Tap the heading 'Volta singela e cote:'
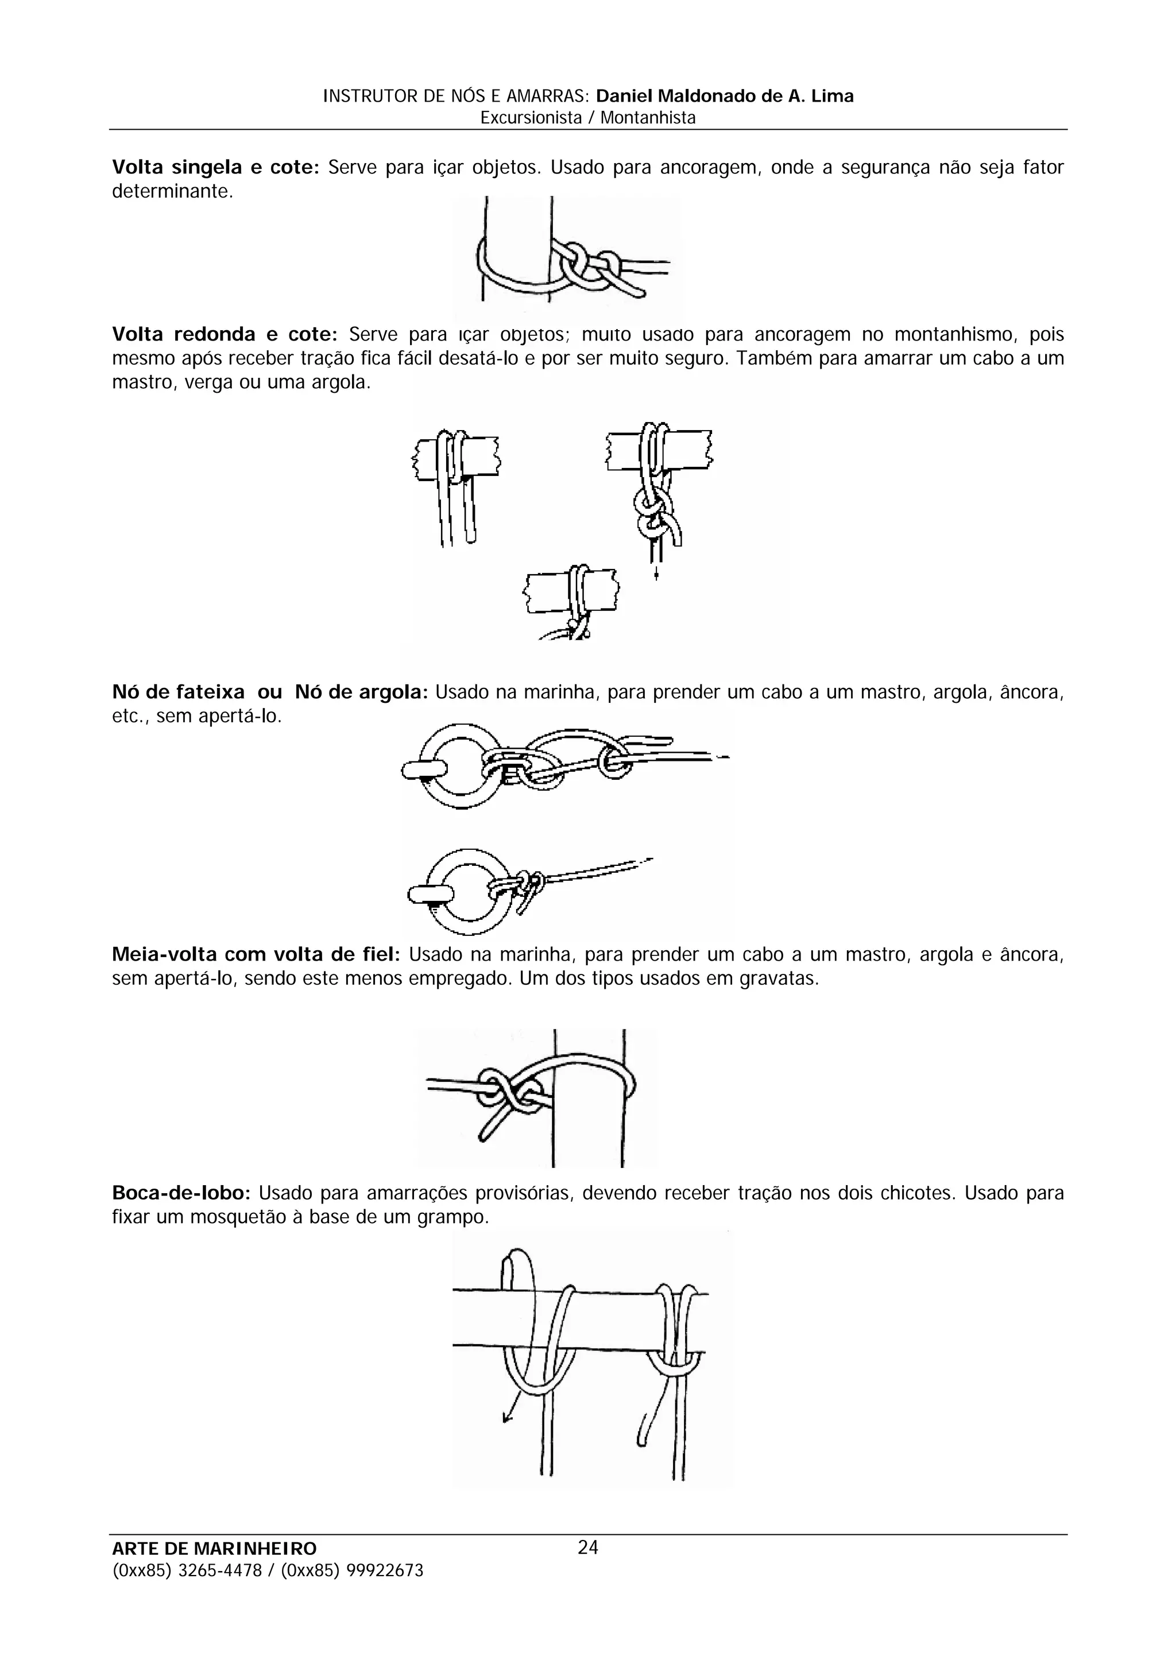tap(215, 168)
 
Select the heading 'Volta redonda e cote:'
tap(225, 335)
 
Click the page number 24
tap(587, 1547)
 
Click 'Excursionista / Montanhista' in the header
tap(587, 118)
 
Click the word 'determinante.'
tap(172, 192)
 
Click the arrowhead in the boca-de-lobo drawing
tap(507, 1418)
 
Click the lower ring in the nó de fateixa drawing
tap(461, 891)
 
